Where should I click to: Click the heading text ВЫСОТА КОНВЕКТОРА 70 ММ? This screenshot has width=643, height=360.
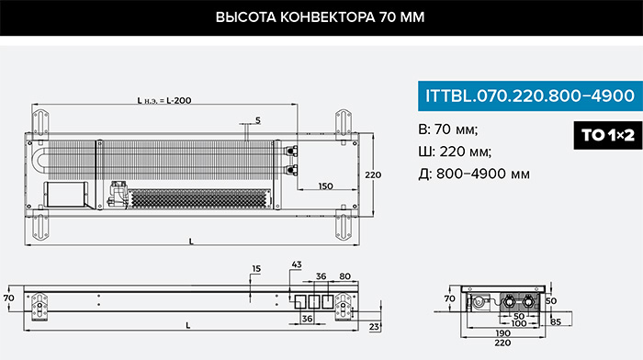[320, 17]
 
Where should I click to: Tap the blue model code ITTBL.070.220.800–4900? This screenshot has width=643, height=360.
[530, 96]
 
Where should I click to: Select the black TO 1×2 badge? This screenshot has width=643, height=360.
[608, 135]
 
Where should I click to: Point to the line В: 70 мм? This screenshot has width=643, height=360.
[448, 129]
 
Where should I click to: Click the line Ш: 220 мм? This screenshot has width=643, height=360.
[455, 152]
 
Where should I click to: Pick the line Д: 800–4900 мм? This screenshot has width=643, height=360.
[474, 174]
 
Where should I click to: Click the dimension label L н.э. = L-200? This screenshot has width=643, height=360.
[164, 100]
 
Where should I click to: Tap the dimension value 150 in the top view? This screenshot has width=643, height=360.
[325, 186]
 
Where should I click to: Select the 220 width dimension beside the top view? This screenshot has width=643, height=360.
[373, 174]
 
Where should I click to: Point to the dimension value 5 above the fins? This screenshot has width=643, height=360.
[257, 120]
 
